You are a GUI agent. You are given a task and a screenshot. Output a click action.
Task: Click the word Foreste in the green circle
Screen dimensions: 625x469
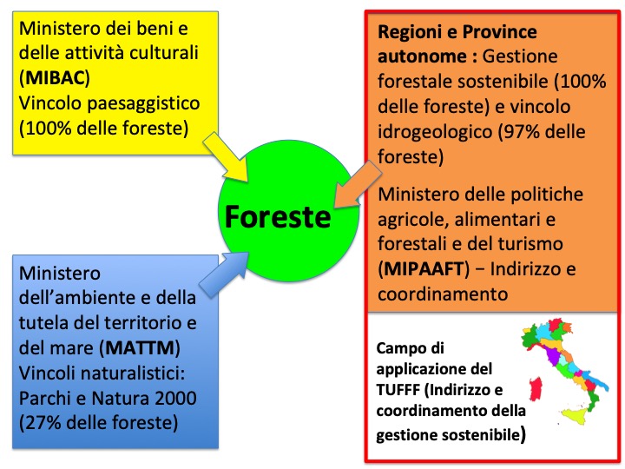(278, 216)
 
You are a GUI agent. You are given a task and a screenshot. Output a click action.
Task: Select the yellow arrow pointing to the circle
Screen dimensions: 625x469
(226, 157)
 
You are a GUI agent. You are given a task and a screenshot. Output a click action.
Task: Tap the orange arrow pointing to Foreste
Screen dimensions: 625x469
(359, 184)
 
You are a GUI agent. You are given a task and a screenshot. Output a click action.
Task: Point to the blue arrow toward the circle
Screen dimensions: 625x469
(224, 274)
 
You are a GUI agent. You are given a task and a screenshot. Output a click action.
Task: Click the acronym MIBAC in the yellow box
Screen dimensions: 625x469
(56, 78)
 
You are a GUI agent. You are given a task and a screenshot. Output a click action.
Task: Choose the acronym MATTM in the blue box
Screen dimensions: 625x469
(141, 348)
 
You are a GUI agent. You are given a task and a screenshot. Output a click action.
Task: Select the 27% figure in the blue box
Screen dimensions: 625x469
(42, 423)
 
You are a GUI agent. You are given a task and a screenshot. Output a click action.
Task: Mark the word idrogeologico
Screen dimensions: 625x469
(435, 132)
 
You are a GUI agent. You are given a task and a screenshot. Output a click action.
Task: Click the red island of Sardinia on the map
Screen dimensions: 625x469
(536, 388)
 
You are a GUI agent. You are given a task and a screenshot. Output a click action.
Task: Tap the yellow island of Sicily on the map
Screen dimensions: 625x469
(575, 417)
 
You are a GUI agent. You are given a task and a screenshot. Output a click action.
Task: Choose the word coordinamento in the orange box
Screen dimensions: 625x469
(443, 294)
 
